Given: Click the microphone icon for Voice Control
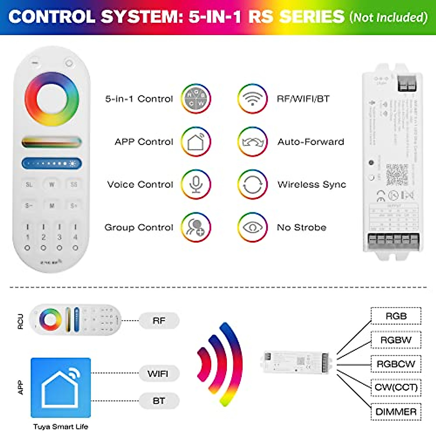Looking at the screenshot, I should point(196,185).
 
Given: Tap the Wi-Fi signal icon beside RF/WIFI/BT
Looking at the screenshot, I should point(253,99).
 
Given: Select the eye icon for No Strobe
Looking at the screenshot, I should point(253,227).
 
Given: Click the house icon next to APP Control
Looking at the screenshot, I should point(196,142).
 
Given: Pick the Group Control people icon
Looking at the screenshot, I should point(196,227).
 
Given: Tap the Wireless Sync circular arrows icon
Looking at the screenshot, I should point(253,185).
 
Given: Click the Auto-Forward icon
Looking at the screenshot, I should point(253,142).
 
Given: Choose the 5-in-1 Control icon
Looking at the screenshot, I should point(196,99).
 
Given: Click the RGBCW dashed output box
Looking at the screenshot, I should point(396,364).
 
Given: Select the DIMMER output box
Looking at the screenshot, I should point(396,412).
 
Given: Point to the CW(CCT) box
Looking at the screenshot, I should point(396,387).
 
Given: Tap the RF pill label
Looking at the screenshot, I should point(159,321).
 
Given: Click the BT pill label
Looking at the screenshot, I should point(159,401).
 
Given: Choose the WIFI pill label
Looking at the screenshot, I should point(158,374).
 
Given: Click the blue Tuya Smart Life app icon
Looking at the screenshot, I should point(61,388).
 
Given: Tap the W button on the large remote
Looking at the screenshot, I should point(52,185).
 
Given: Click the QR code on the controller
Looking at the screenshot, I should point(397,175).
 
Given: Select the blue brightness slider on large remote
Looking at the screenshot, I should point(52,163).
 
